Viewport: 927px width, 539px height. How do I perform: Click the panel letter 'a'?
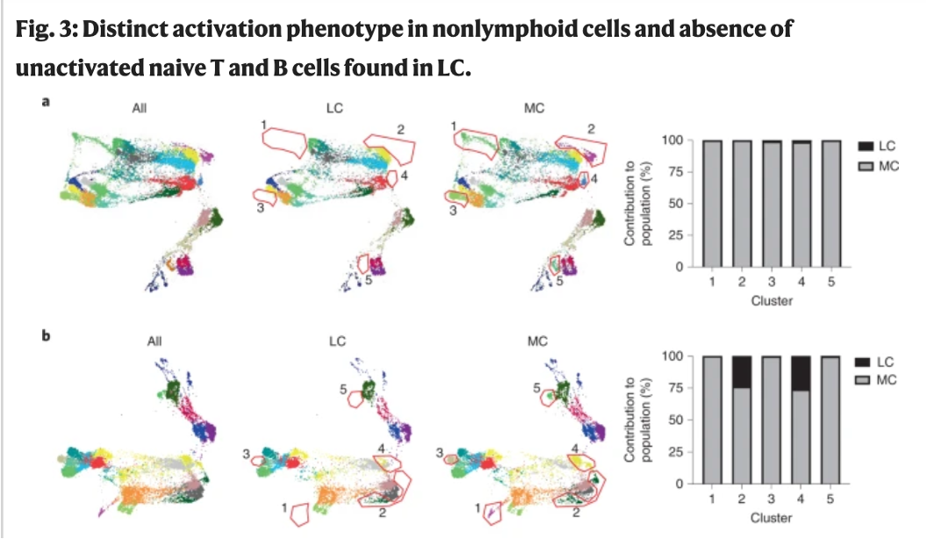point(46,101)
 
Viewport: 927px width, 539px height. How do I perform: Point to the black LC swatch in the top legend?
point(866,145)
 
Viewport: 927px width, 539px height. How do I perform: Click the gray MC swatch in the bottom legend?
point(866,378)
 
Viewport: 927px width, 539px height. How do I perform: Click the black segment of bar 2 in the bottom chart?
point(743,371)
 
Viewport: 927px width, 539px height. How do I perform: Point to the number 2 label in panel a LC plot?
point(399,129)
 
